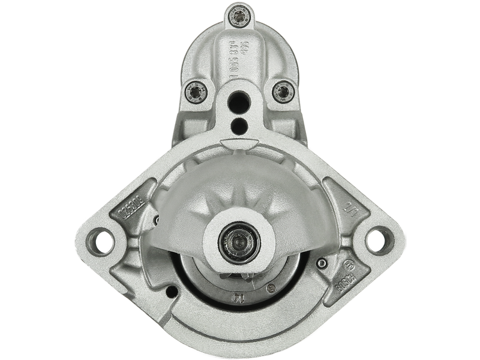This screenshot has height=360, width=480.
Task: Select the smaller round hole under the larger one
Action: click(x=239, y=125)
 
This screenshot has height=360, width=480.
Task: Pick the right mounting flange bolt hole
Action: click(x=376, y=239)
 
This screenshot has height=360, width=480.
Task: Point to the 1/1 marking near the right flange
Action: click(x=347, y=208)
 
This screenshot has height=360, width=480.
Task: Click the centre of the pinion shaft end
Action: click(x=239, y=242)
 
